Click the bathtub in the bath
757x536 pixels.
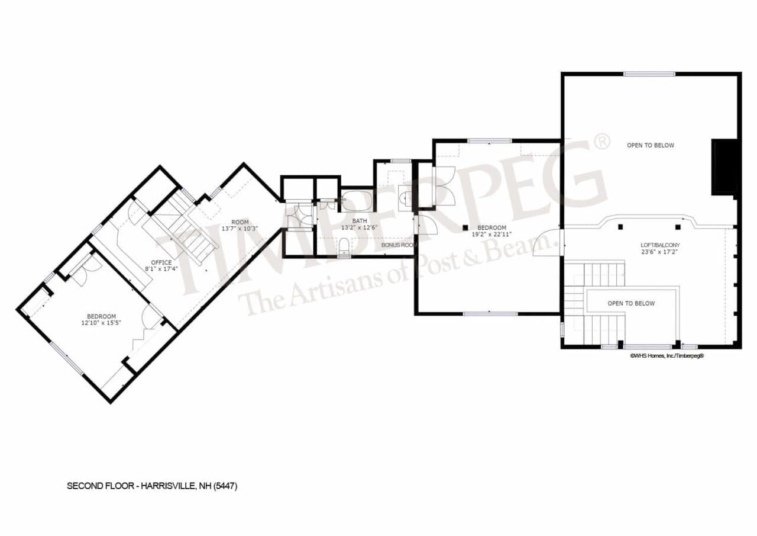357,200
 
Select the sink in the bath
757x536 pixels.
406,196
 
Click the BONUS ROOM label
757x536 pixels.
399,245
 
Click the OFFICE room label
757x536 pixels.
161,262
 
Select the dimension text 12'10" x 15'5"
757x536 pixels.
101,323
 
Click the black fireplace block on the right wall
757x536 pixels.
724,167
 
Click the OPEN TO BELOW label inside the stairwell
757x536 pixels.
631,303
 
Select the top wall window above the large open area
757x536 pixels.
649,74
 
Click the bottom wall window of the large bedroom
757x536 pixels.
490,313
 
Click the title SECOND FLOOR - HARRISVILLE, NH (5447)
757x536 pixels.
152,486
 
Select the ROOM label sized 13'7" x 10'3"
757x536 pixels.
240,225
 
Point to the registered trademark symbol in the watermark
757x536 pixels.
601,142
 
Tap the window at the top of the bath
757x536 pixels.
400,161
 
